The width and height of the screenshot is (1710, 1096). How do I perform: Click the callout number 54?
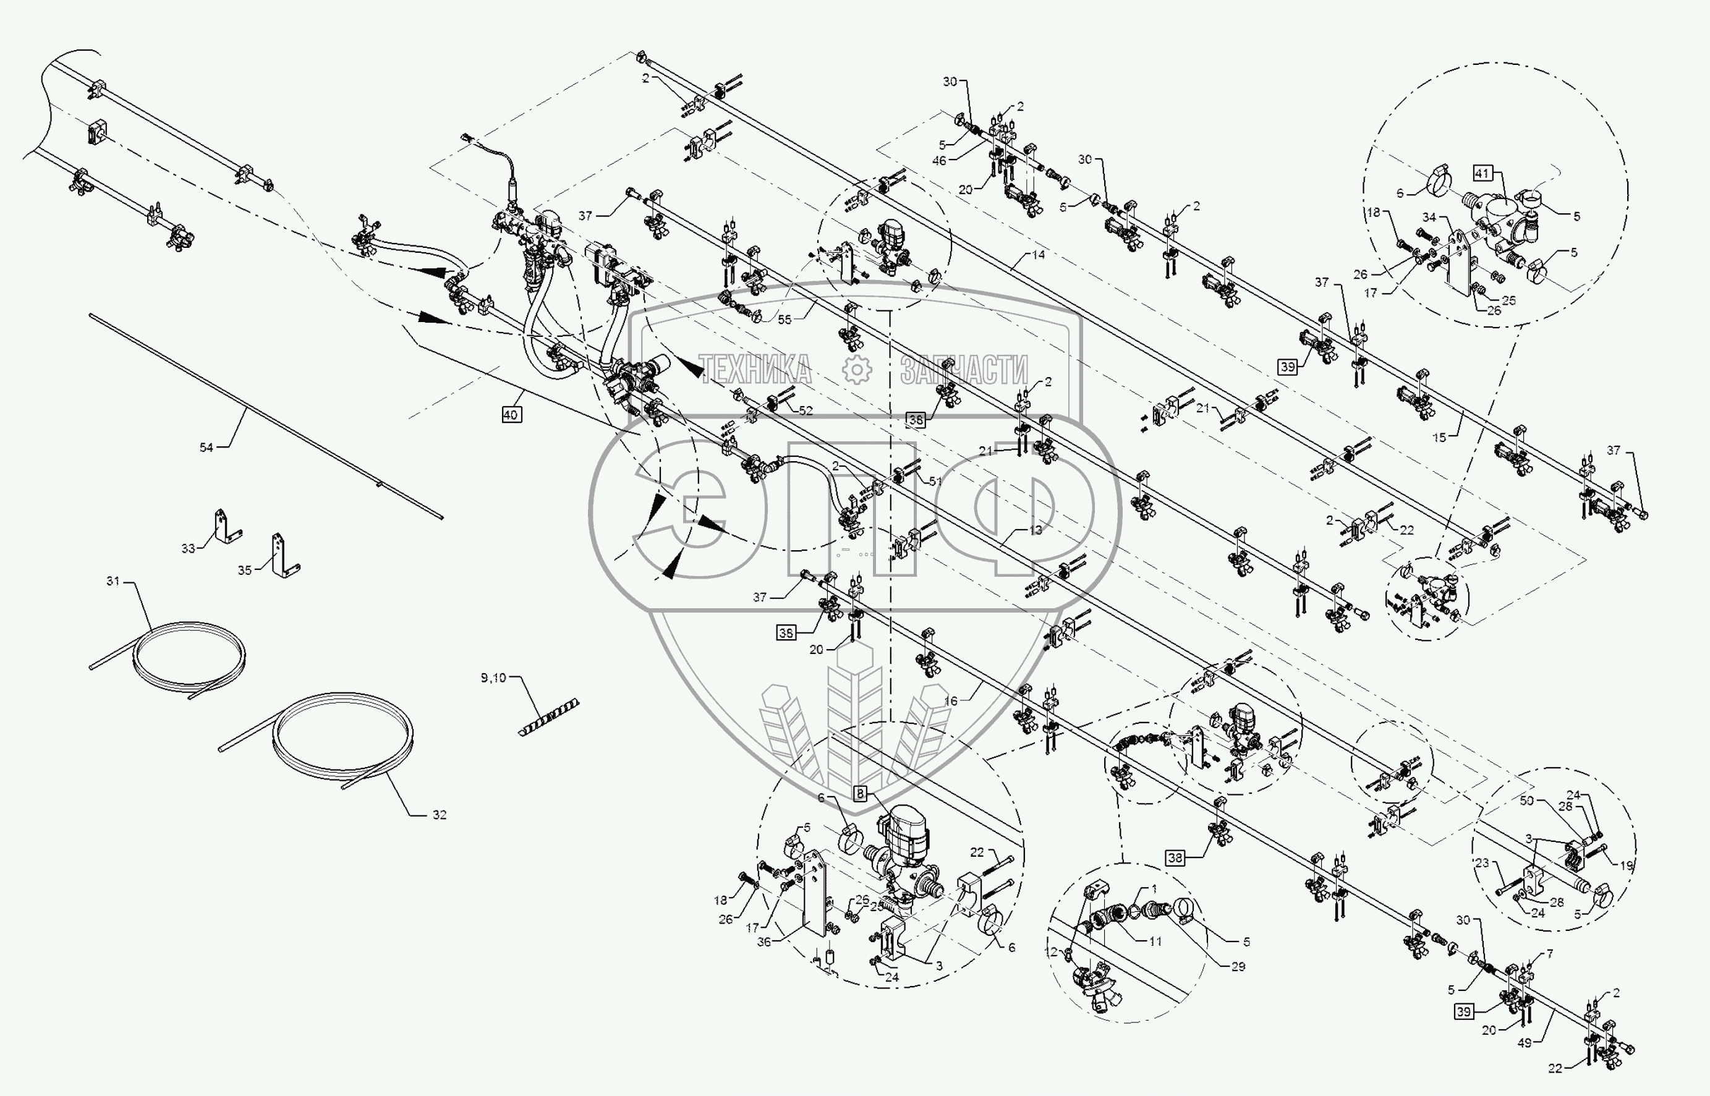(x=206, y=447)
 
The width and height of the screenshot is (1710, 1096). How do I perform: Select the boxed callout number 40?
(x=511, y=414)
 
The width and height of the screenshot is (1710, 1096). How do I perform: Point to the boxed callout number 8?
(x=861, y=793)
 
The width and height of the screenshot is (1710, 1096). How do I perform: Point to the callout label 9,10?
(x=493, y=678)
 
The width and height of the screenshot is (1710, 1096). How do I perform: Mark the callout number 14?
(x=1038, y=254)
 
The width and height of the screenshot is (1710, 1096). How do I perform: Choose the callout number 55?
(x=784, y=320)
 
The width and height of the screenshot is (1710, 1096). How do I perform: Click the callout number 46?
(x=939, y=161)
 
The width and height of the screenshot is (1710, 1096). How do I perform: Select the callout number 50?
(x=1526, y=801)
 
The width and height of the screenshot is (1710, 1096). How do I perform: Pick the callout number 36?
(x=764, y=941)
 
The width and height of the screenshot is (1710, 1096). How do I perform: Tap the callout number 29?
(x=1238, y=966)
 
